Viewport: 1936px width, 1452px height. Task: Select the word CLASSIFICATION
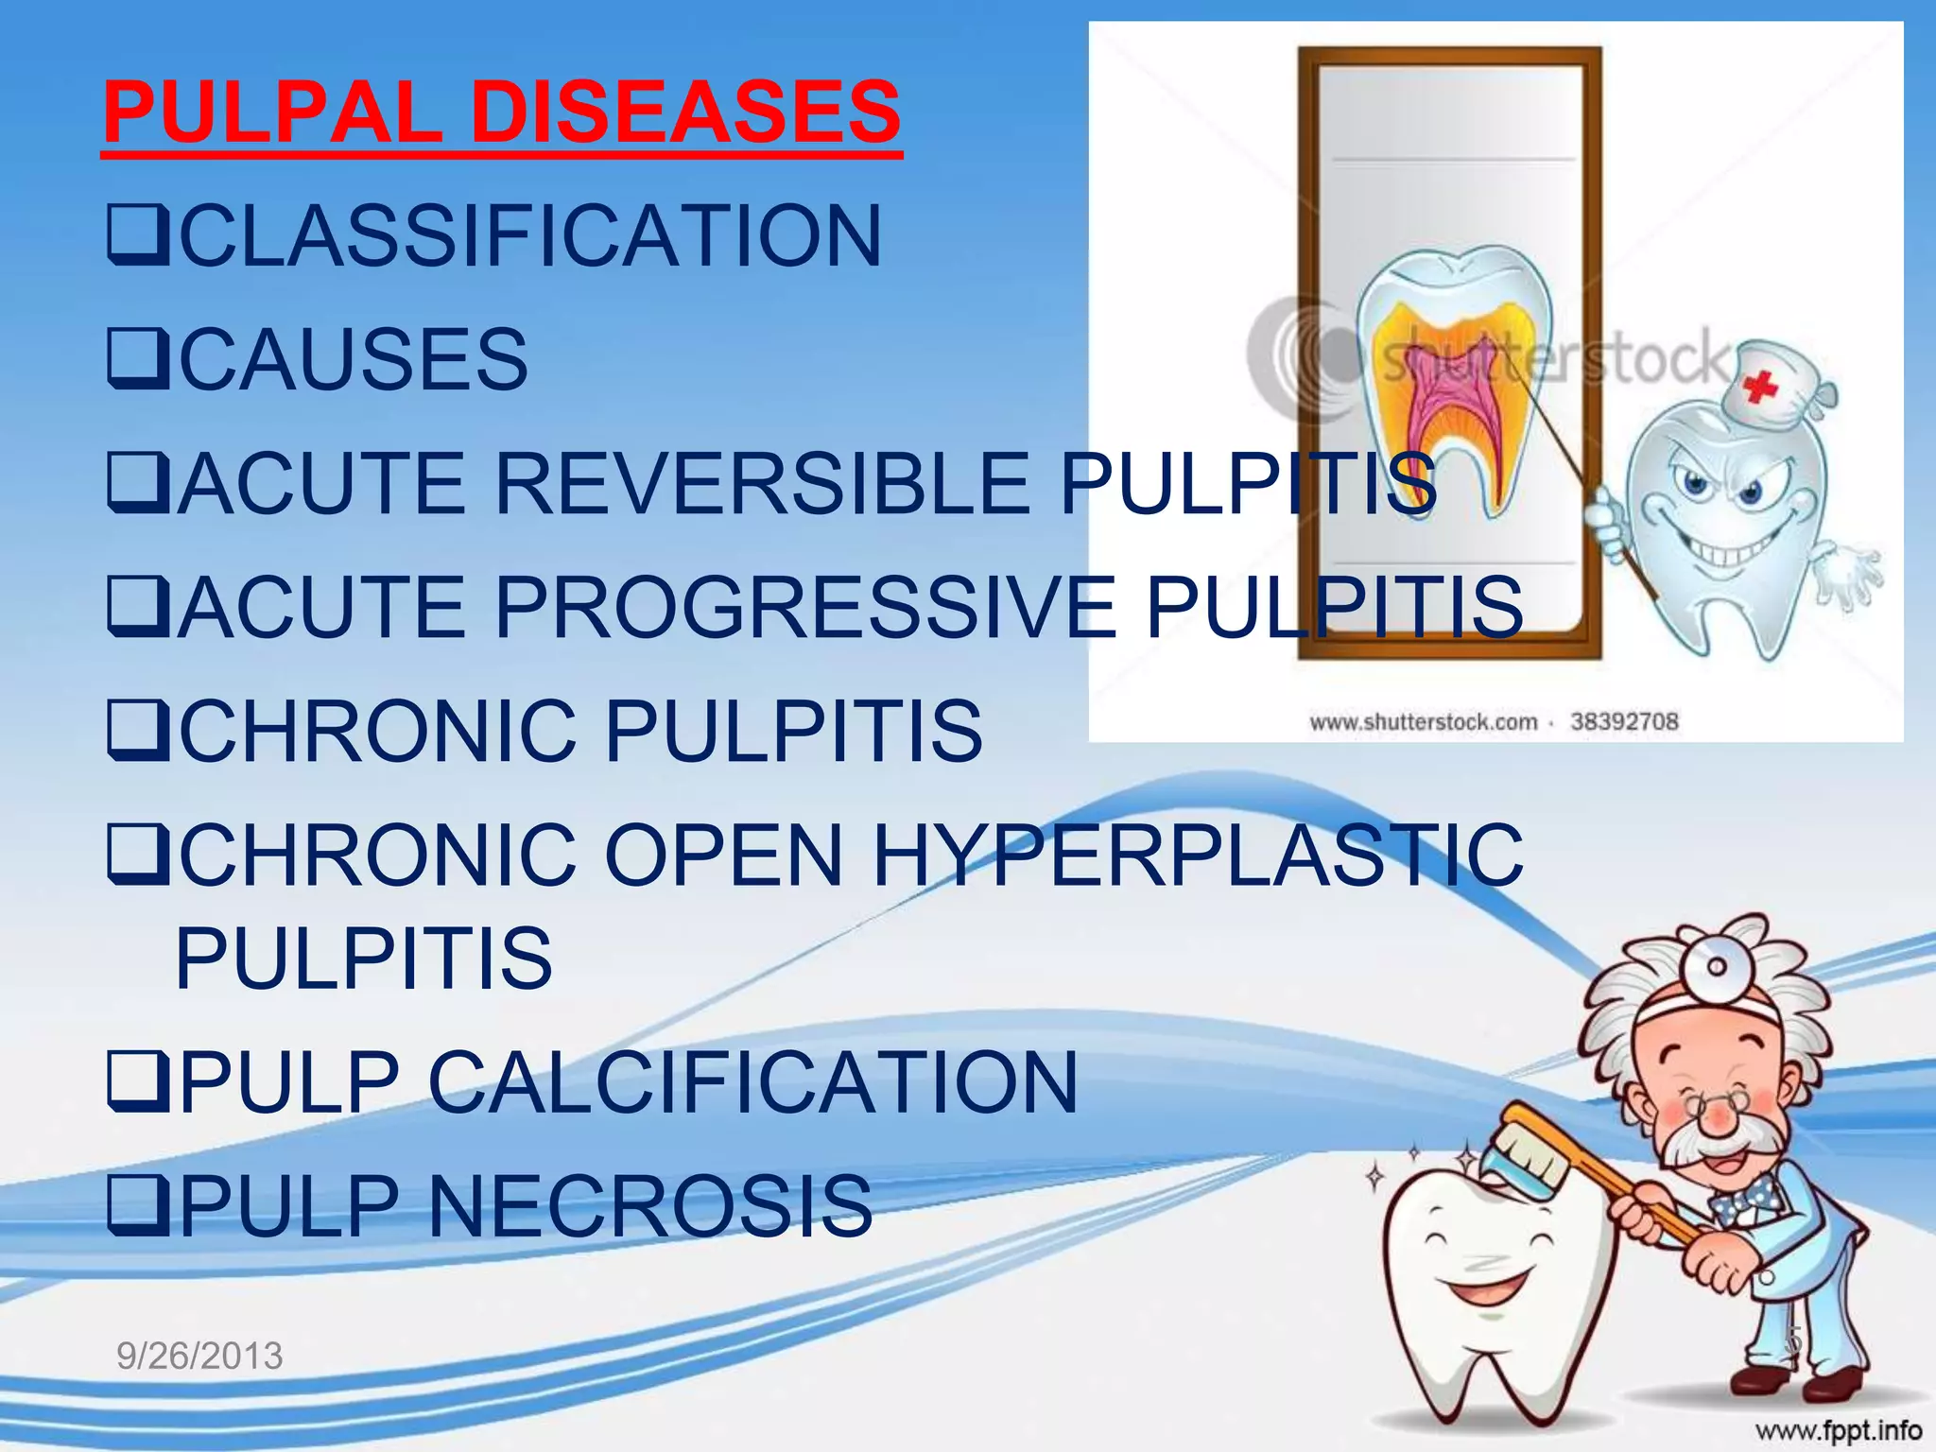530,235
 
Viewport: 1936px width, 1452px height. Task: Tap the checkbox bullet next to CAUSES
138,359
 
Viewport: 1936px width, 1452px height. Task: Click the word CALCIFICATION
752,1082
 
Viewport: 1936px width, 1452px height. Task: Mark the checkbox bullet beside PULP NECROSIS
138,1207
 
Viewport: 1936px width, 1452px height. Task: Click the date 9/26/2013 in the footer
199,1356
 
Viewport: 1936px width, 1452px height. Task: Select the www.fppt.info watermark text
1839,1430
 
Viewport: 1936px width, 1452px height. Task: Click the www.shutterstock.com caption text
1424,722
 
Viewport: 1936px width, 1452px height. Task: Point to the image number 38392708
1624,722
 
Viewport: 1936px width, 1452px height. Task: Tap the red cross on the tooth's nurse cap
1760,387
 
